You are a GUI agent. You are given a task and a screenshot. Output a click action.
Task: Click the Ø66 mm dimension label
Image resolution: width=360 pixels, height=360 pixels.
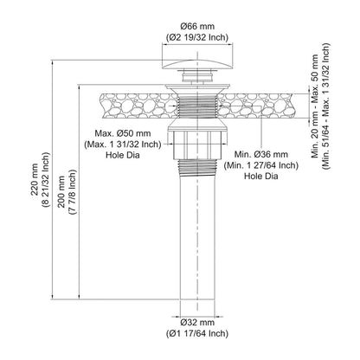coord(197,27)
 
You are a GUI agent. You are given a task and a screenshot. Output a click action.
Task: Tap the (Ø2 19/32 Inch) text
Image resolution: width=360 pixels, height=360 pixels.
coord(197,37)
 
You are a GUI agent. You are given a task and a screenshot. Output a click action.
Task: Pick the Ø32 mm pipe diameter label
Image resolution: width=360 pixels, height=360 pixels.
coord(197,322)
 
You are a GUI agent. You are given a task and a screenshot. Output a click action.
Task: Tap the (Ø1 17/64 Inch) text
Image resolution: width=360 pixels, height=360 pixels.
coord(197,333)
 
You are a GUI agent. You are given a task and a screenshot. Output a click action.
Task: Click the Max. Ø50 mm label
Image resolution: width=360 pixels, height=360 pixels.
coord(123,133)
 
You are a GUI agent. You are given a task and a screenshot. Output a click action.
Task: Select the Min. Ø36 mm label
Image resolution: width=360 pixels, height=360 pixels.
coord(261,154)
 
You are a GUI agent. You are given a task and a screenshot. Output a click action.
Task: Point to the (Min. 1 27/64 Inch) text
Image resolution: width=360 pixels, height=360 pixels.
coord(261,165)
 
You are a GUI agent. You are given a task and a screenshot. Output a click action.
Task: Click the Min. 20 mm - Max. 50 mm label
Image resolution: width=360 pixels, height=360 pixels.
coord(315,106)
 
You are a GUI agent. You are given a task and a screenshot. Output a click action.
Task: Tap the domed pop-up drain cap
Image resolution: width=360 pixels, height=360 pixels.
coord(197,65)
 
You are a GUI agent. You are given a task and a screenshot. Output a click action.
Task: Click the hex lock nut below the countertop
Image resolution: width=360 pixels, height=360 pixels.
coord(197,145)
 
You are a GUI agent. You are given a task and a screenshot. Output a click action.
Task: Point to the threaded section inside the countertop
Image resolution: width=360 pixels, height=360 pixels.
coord(197,106)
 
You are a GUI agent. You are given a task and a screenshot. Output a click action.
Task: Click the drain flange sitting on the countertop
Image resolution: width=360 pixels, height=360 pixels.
coord(197,87)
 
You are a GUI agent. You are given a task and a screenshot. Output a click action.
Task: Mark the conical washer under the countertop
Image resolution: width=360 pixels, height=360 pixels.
coord(197,125)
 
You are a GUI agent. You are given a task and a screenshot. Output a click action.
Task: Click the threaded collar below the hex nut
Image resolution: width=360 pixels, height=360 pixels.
coord(197,167)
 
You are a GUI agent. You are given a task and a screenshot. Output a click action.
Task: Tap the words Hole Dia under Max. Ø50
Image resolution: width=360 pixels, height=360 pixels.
coord(123,155)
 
